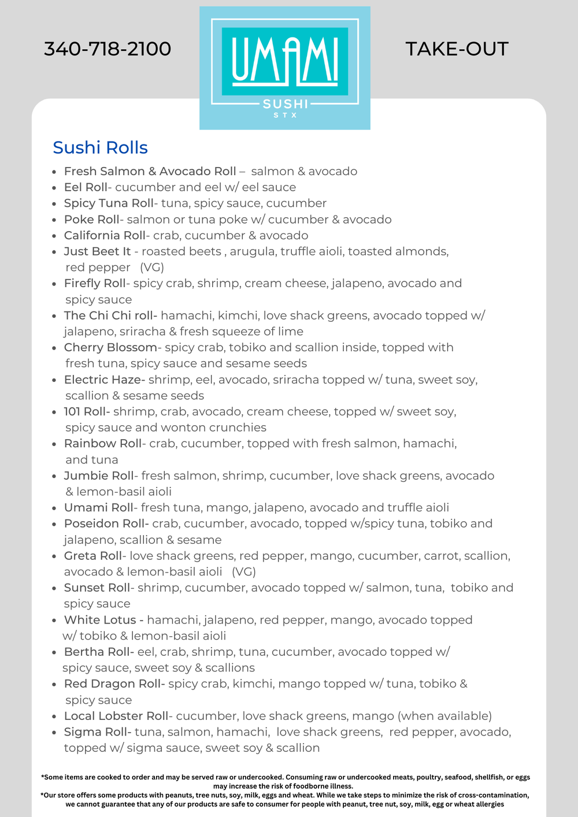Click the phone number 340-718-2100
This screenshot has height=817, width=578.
point(108,49)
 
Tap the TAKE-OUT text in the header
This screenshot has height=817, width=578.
point(457,49)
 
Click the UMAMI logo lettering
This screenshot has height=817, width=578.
point(285,60)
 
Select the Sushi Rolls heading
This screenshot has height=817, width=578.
point(100,148)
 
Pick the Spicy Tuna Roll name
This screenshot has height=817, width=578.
point(109,203)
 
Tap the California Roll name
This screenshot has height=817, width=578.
point(105,236)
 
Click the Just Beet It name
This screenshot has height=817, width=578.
point(97,251)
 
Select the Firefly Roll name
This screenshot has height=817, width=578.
point(95,284)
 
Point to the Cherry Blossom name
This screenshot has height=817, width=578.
point(110,348)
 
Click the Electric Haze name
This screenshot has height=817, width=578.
point(103,380)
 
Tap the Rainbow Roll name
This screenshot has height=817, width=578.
point(103,444)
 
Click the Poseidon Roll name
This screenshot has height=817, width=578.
point(105,523)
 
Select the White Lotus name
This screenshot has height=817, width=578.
point(100,620)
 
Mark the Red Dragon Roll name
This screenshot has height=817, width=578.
point(113,684)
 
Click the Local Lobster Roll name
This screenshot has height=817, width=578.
point(116,716)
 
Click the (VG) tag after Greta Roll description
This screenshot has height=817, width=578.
point(244,572)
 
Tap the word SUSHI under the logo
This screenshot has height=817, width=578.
point(286,104)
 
